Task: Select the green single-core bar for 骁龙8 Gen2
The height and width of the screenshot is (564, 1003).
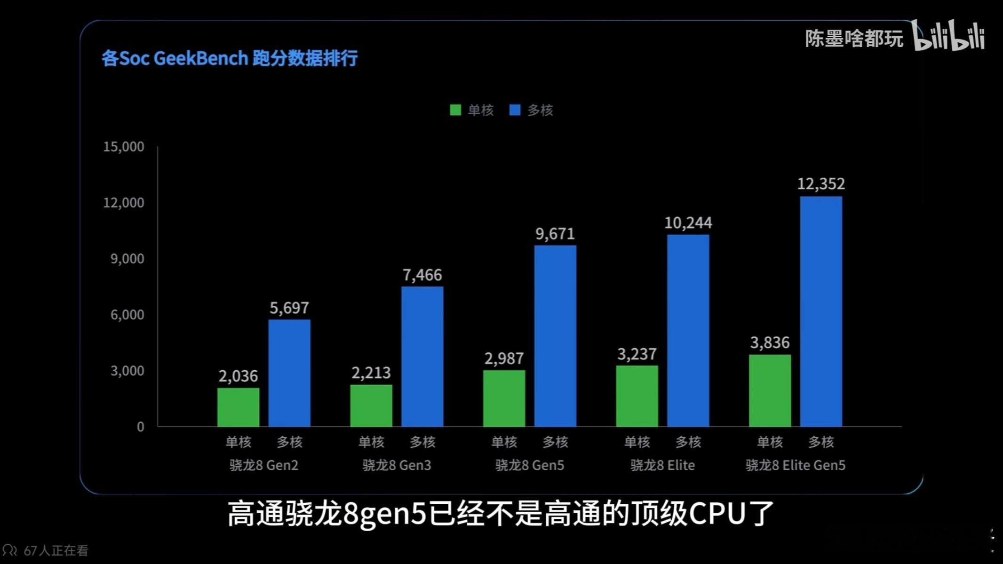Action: click(x=238, y=407)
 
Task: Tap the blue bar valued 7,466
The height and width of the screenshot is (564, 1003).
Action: click(x=422, y=357)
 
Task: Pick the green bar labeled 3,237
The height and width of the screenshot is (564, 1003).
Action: click(x=637, y=396)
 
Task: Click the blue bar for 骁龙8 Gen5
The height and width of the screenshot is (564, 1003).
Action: click(x=555, y=336)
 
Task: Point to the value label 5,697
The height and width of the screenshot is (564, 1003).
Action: click(x=289, y=308)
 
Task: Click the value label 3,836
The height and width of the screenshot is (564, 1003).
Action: click(x=770, y=342)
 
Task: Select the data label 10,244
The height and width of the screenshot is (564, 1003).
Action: click(x=688, y=223)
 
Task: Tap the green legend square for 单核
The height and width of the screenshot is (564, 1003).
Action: click(x=455, y=110)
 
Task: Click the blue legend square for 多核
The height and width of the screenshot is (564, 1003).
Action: click(x=515, y=110)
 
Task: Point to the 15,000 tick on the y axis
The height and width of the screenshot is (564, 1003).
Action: click(x=124, y=147)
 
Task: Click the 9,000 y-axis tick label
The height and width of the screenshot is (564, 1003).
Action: click(x=127, y=259)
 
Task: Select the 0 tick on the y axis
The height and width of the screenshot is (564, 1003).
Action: click(x=140, y=427)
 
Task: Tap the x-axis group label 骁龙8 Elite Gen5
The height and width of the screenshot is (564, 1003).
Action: click(x=795, y=465)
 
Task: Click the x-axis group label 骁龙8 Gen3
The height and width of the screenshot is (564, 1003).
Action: click(x=397, y=465)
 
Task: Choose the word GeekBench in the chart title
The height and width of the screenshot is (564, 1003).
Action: click(x=200, y=58)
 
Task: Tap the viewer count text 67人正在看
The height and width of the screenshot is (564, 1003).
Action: click(x=56, y=550)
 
